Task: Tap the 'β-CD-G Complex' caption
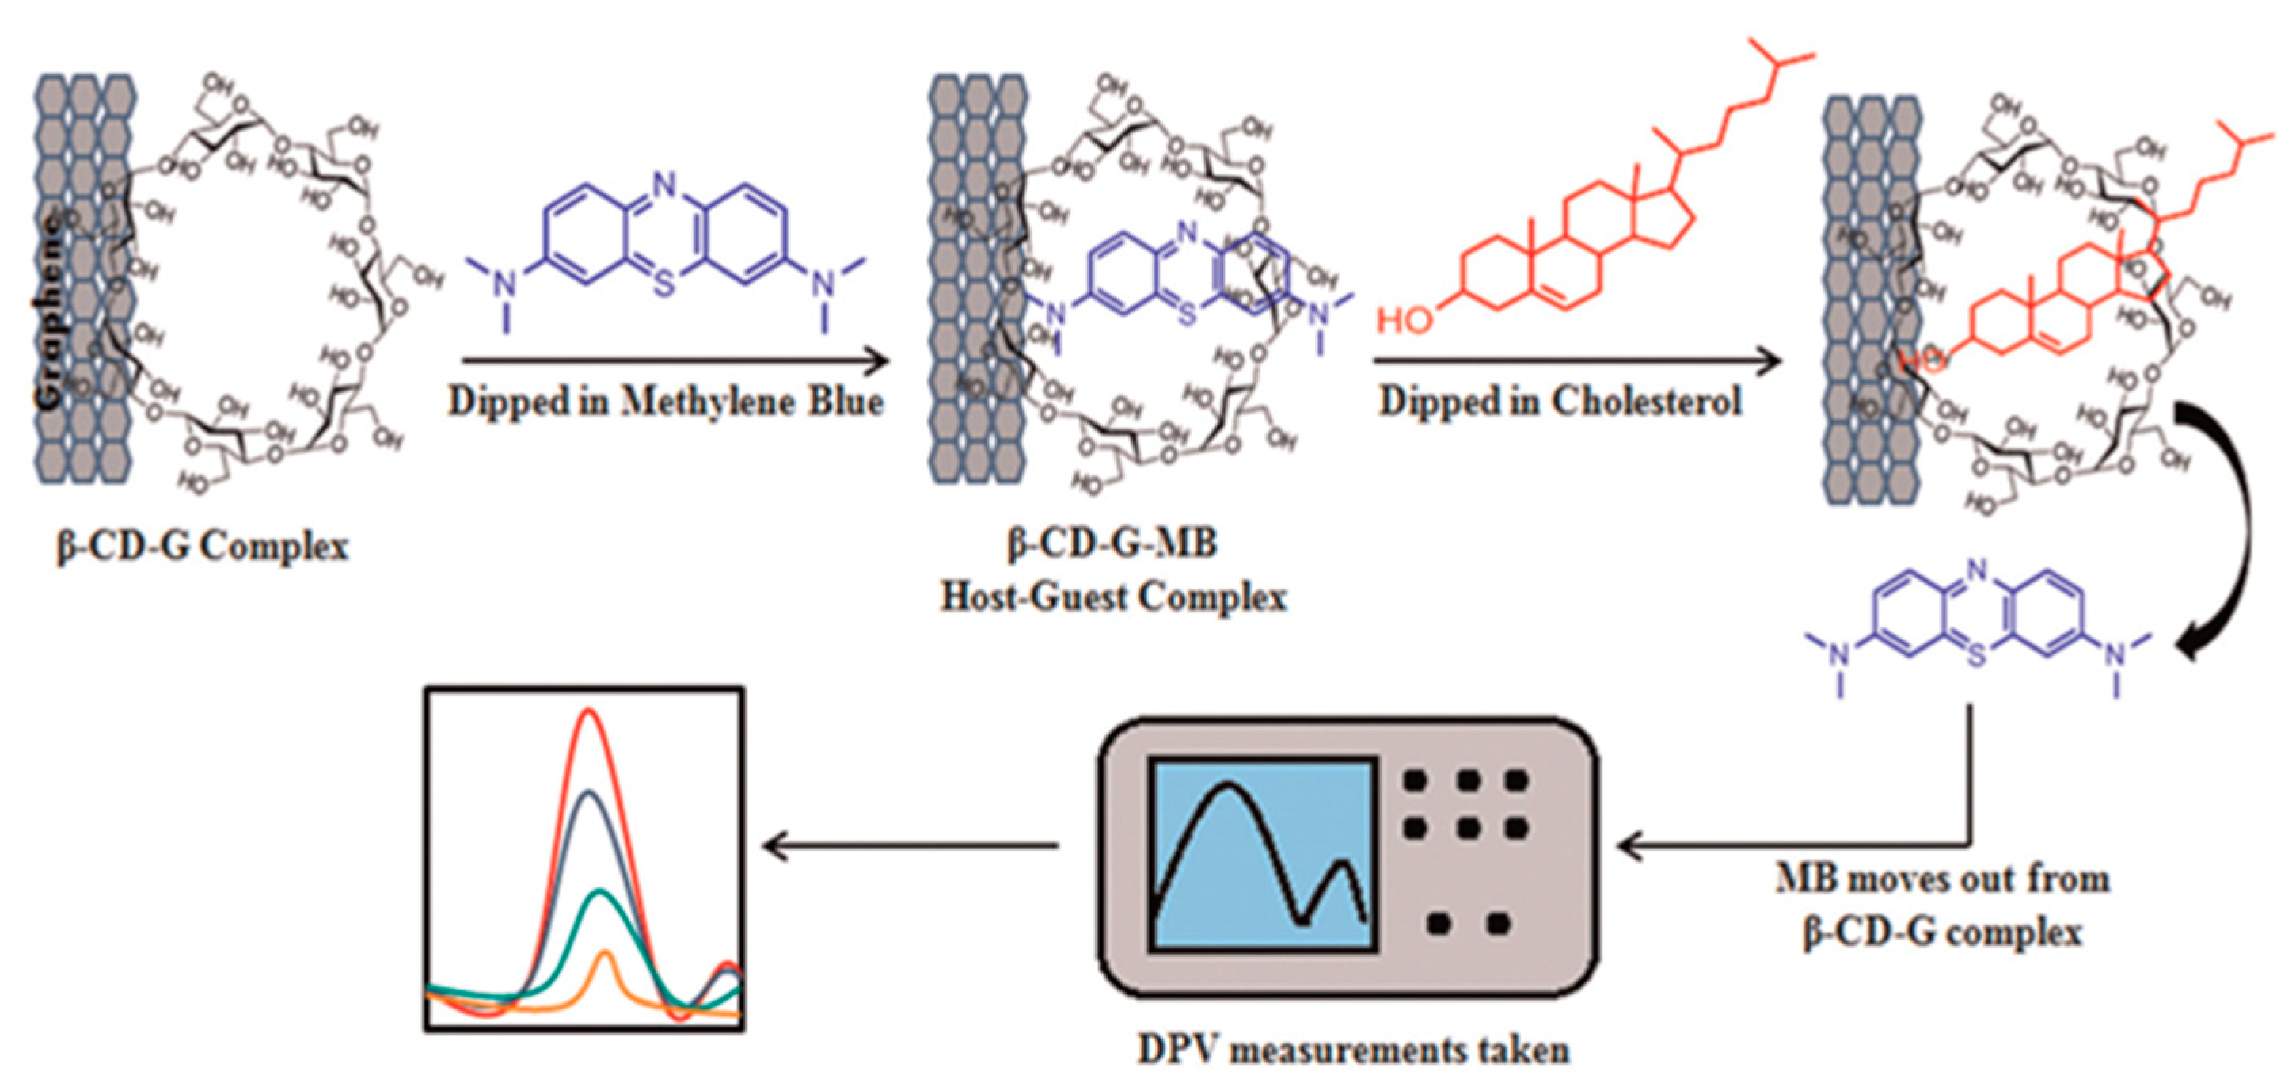click(x=203, y=546)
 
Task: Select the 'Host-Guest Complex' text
click(x=1114, y=597)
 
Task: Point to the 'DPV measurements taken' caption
click(x=1353, y=1050)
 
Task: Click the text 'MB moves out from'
click(x=1943, y=879)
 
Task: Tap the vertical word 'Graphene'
click(x=51, y=312)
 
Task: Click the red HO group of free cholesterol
click(x=1405, y=320)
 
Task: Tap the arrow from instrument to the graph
click(x=909, y=845)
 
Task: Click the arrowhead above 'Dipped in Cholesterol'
click(x=1770, y=361)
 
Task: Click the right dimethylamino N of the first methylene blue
click(x=825, y=284)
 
